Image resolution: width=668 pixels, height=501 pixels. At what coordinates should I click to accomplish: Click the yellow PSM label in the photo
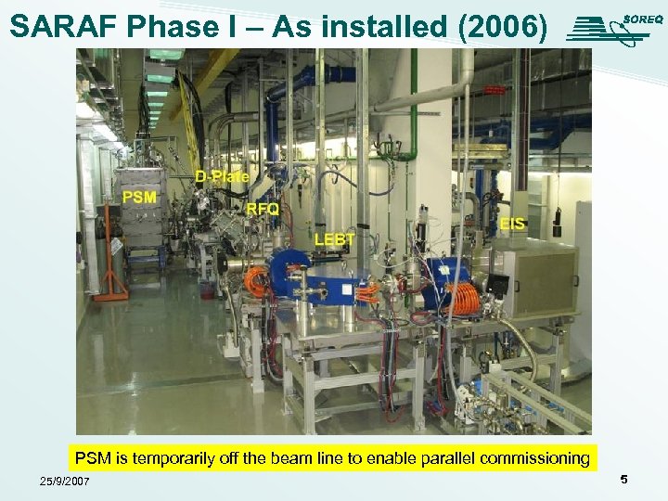click(139, 197)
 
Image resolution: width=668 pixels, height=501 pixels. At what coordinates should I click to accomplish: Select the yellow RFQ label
click(263, 209)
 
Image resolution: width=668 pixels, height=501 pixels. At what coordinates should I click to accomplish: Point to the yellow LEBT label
click(335, 239)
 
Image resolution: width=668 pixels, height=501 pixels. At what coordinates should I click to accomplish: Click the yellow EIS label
click(512, 224)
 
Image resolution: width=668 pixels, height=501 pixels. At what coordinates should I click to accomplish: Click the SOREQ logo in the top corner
click(613, 28)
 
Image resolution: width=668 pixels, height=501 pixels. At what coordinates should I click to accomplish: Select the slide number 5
click(623, 480)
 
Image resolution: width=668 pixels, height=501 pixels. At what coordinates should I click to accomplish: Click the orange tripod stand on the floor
click(111, 260)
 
